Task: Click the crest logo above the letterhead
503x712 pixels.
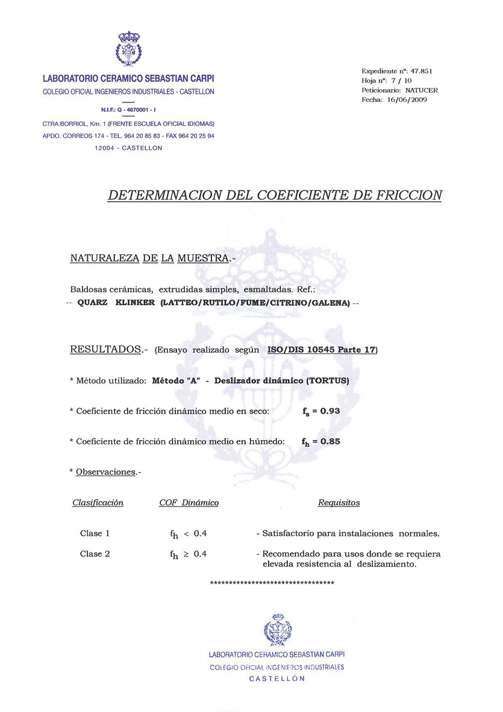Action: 128,49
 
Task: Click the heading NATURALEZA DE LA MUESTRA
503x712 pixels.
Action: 149,259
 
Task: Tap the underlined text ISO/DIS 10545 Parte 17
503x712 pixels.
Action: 321,350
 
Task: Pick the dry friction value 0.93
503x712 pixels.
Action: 330,411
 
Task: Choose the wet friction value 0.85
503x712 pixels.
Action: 330,441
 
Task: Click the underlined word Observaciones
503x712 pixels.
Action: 105,472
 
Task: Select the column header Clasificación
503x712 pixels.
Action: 98,502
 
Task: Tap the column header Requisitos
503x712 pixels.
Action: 339,502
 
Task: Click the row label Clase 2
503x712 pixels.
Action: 95,553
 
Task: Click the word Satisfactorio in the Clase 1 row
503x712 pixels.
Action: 292,534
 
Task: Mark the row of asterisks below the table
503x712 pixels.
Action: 272,583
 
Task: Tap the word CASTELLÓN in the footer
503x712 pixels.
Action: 277,678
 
